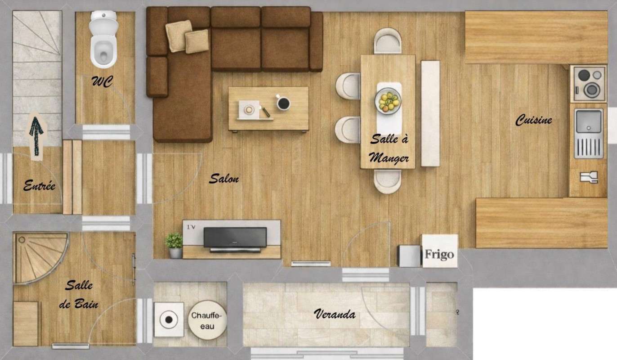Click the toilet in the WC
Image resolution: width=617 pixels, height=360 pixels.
coord(103,39)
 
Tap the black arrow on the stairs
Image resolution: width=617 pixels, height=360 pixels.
coord(36,136)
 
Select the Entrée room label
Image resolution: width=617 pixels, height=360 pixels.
coord(39,185)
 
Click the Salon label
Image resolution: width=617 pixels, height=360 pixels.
coord(224,179)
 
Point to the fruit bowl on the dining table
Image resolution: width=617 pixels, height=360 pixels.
coord(388,101)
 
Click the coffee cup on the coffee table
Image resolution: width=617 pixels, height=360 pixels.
coord(283,103)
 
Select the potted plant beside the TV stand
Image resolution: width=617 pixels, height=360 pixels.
coord(174,245)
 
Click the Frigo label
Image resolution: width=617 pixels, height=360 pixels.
coord(439,254)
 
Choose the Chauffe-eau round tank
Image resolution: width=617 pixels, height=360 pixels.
coord(207,320)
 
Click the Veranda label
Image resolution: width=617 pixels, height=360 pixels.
coord(335,314)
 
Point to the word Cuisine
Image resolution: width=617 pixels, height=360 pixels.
coord(533,120)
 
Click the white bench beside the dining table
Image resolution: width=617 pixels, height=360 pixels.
coord(430,113)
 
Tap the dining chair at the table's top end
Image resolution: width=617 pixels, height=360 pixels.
coord(388,41)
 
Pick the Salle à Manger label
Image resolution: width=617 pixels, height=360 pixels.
coord(389,149)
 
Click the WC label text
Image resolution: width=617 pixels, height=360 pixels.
coord(102,81)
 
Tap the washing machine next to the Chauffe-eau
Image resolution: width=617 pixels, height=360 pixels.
coord(169,319)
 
